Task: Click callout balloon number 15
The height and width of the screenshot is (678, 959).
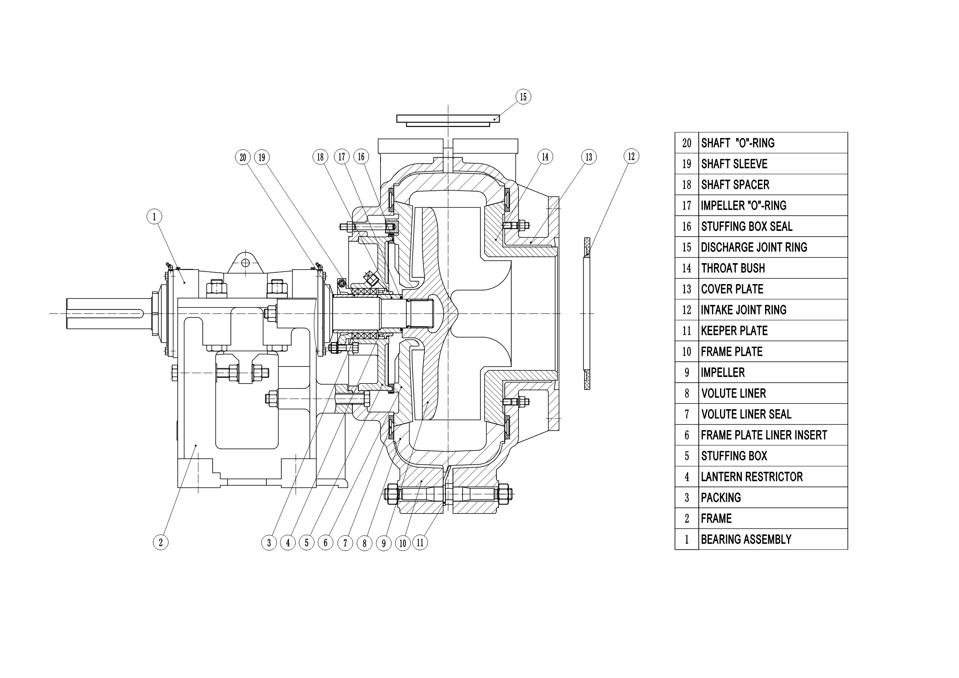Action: [523, 97]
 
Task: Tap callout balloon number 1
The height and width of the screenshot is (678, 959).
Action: [154, 216]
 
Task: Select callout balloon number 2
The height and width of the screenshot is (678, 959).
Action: [161, 543]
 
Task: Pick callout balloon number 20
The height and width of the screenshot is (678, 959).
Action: [243, 157]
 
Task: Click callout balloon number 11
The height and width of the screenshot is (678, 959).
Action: [420, 543]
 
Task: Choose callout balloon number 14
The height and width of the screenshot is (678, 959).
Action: [545, 157]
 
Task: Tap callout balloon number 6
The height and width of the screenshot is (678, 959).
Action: [325, 543]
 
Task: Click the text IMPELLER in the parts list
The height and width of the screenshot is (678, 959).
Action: [722, 373]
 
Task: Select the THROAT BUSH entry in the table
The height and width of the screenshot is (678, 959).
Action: [733, 268]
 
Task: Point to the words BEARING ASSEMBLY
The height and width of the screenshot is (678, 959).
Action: [746, 540]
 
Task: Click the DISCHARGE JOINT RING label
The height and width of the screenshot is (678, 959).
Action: [753, 247]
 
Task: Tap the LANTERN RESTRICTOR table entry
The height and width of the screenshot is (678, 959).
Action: [751, 477]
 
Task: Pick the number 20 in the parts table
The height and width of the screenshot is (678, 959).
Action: [687, 143]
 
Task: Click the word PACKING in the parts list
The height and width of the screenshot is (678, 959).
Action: [720, 498]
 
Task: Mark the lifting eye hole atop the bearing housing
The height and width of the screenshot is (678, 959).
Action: [246, 263]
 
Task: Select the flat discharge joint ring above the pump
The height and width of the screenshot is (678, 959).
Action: [448, 119]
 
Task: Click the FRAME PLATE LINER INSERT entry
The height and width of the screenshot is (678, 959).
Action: [763, 435]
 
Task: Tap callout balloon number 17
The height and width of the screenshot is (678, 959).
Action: [342, 157]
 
